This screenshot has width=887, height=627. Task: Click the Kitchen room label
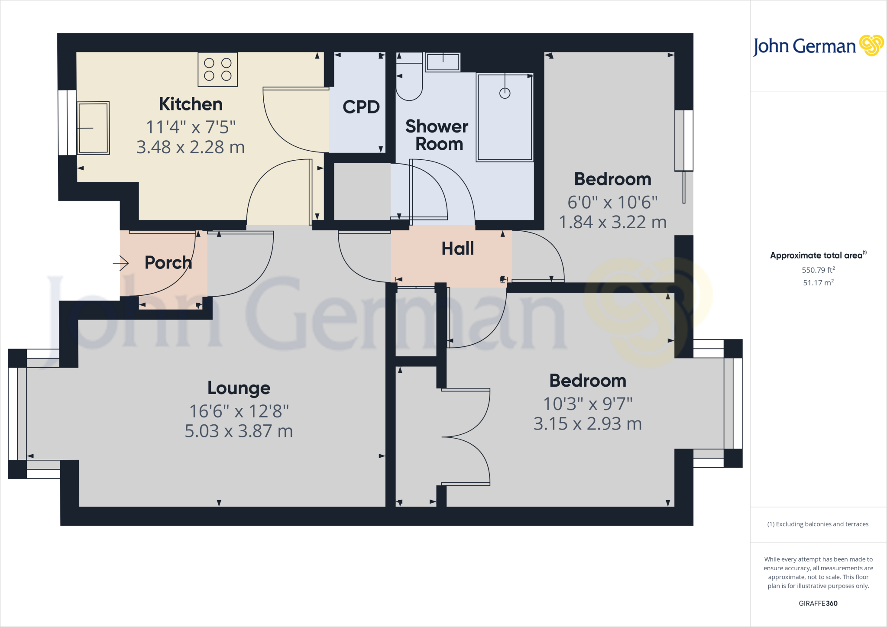click(191, 104)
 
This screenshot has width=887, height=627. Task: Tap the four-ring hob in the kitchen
click(218, 69)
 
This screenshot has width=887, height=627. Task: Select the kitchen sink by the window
click(93, 128)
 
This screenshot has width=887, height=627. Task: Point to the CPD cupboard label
click(361, 107)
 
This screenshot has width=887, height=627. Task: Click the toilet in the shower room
click(409, 82)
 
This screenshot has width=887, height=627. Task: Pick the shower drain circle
click(505, 93)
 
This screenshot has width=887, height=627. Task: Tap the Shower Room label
click(437, 135)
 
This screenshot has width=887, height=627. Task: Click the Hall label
click(457, 249)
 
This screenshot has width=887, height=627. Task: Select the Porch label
click(168, 262)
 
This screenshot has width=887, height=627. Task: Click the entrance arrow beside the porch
click(121, 263)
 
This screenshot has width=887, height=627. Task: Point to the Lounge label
click(239, 388)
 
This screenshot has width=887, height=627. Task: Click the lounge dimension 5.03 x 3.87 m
click(239, 431)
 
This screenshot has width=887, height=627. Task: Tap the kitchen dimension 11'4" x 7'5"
click(191, 127)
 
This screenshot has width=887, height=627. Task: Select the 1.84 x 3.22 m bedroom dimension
click(612, 222)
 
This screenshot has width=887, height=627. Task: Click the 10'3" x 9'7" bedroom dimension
click(588, 404)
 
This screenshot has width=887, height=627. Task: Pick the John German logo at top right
click(818, 46)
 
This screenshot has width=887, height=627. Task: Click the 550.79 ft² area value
click(818, 270)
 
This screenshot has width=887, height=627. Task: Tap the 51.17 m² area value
click(818, 283)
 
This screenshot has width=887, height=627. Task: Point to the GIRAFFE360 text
click(818, 603)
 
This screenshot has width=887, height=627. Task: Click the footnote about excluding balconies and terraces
click(818, 524)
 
